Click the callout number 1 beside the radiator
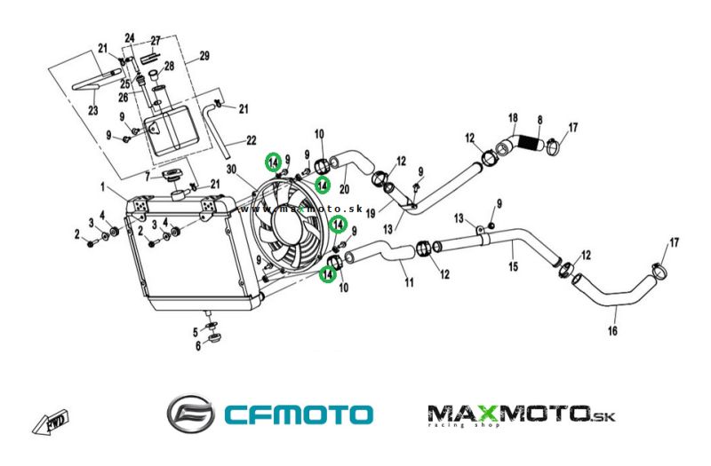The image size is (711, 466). click(103, 187)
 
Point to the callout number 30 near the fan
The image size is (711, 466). click(231, 170)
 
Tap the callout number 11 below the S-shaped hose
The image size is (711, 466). click(409, 283)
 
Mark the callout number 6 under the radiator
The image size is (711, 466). click(197, 347)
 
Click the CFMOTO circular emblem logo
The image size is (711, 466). click(190, 414)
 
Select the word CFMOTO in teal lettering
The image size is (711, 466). click(298, 415)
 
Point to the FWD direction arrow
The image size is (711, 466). click(52, 420)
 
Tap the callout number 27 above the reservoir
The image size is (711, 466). click(155, 40)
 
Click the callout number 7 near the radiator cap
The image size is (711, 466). click(148, 177)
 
